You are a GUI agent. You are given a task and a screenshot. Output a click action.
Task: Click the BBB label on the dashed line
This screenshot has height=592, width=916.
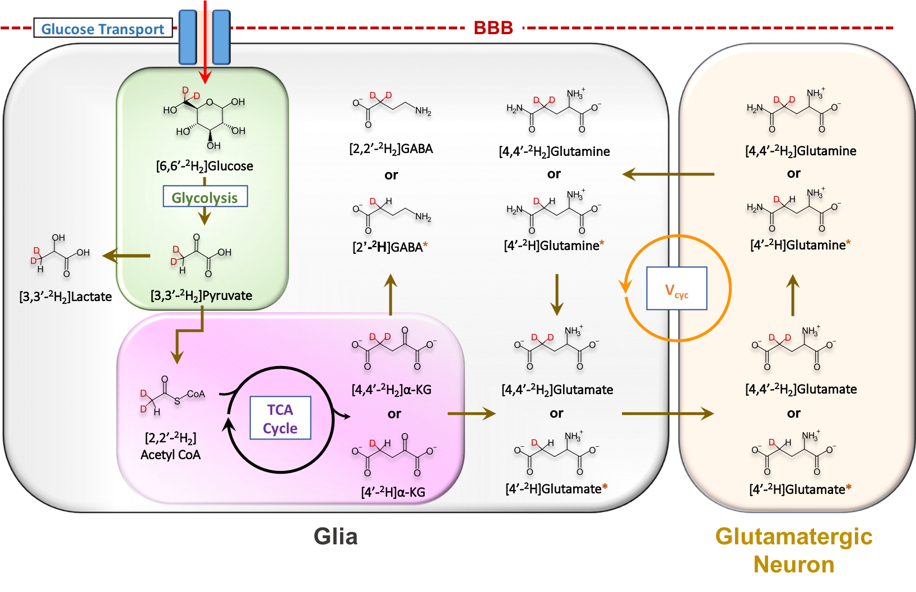(493, 27)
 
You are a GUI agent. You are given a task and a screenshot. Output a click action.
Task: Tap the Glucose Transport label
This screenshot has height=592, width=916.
(103, 29)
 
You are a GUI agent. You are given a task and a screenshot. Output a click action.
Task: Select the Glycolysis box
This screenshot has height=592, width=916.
(205, 197)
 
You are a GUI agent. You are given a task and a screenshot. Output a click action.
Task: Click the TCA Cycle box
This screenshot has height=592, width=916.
(280, 419)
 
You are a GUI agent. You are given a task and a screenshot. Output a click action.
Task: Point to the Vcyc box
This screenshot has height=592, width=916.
(677, 289)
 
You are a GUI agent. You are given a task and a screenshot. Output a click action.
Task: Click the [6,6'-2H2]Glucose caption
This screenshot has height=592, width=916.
(204, 166)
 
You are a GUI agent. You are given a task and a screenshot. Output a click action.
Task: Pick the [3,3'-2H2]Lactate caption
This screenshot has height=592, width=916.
(66, 297)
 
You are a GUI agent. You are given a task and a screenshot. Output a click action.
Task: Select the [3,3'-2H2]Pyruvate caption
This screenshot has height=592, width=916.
(202, 295)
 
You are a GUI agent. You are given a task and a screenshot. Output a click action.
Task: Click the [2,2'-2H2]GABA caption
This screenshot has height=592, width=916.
(391, 149)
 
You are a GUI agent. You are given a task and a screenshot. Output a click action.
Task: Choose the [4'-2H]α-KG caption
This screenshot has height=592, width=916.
(393, 492)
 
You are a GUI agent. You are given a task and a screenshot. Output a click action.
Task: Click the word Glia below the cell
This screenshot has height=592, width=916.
(336, 536)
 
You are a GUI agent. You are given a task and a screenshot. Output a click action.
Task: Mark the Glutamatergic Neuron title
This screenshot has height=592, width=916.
(794, 550)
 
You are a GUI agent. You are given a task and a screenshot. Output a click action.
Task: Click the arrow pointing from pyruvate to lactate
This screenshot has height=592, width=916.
(126, 256)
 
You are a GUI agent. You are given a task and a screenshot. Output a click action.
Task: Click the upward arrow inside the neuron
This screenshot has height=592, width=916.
(792, 295)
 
